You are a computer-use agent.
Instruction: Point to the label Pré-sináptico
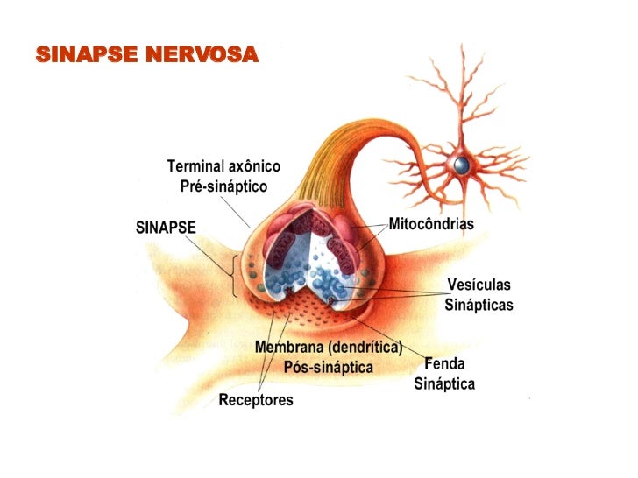tap(223, 186)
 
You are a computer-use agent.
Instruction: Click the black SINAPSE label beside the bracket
tap(166, 228)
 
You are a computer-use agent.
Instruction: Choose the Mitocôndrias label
tap(431, 224)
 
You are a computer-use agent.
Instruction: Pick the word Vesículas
tap(478, 285)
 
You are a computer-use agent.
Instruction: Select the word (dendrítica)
tap(363, 348)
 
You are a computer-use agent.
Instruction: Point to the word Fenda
tap(445, 363)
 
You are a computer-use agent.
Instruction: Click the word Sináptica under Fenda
tap(444, 383)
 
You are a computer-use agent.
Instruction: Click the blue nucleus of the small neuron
tap(461, 165)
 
